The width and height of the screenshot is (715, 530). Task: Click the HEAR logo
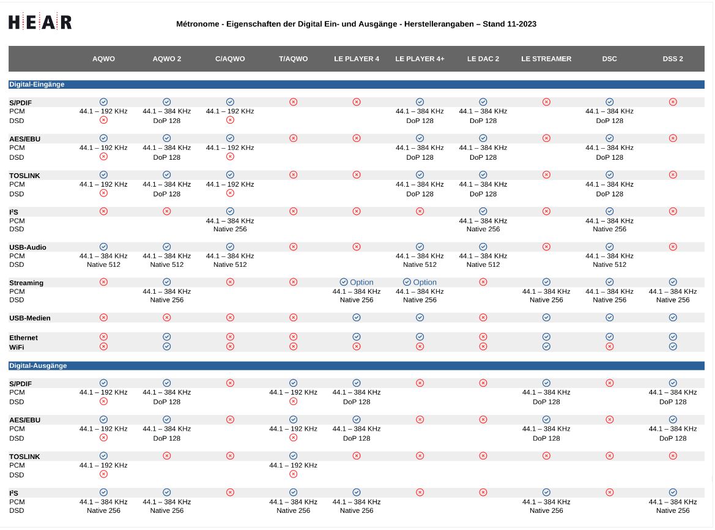(40, 23)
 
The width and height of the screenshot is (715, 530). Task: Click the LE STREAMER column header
(546, 59)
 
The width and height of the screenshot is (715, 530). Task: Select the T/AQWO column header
(293, 59)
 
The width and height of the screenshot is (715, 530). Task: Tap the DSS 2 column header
(673, 59)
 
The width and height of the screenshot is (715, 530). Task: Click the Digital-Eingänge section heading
(37, 84)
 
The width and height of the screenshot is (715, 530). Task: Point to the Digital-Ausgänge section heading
(38, 366)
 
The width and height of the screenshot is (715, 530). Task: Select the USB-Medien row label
(30, 318)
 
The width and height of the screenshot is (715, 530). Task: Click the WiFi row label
(17, 347)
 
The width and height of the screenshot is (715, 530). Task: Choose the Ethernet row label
(23, 338)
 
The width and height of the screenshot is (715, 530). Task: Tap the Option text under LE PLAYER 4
(361, 283)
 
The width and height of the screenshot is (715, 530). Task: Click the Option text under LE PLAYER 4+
(425, 283)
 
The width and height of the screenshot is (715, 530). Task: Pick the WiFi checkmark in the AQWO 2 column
(167, 346)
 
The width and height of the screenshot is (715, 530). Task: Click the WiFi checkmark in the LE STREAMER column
(546, 346)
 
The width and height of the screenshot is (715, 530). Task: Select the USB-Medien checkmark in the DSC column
(610, 318)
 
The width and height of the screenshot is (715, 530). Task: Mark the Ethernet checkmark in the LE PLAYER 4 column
(357, 337)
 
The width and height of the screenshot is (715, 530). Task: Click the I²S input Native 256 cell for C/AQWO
(230, 230)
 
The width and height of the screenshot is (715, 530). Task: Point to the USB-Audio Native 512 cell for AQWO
(103, 265)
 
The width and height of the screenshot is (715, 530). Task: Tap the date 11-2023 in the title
(520, 24)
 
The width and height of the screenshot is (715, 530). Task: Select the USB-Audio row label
(28, 248)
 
